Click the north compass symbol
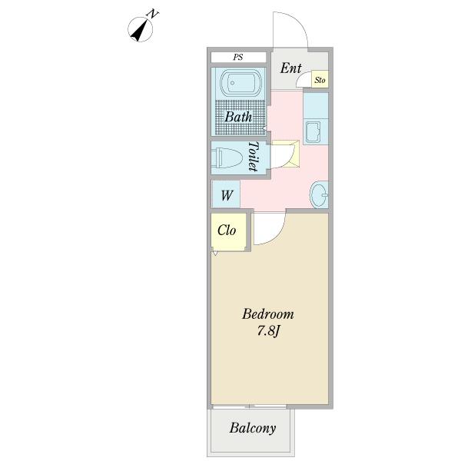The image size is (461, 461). click(x=141, y=29)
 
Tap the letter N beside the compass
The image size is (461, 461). click(x=153, y=14)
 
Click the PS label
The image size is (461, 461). click(x=238, y=57)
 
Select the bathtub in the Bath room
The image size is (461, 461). click(x=241, y=83)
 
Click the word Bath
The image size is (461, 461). click(x=238, y=117)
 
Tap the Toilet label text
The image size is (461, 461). click(x=254, y=157)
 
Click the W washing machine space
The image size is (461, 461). click(x=226, y=194)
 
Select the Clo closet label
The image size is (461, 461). click(x=227, y=230)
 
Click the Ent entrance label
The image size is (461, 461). click(x=290, y=68)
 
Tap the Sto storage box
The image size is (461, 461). click(x=320, y=79)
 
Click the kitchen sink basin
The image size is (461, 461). click(x=313, y=132)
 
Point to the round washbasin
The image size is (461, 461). click(x=320, y=194)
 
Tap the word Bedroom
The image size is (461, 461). click(x=268, y=314)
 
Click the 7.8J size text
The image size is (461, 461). click(x=268, y=331)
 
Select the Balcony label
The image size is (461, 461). click(x=253, y=429)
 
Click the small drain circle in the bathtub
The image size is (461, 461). click(x=232, y=83)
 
